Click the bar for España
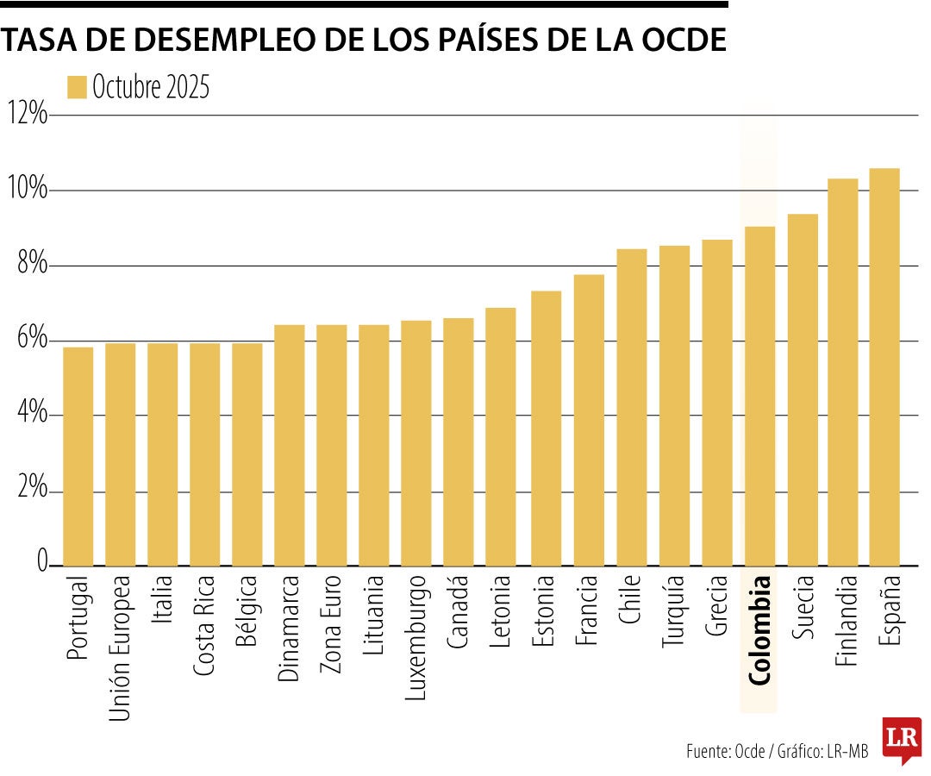(x=884, y=366)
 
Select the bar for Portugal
(x=78, y=456)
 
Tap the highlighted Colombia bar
(x=759, y=396)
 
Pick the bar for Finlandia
(x=842, y=372)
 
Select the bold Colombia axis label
(x=759, y=630)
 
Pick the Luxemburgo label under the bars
(x=416, y=639)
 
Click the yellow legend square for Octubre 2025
(x=77, y=87)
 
